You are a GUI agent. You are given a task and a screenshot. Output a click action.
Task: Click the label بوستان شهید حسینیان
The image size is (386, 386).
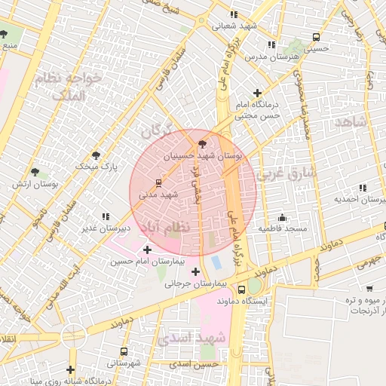[x=204, y=155]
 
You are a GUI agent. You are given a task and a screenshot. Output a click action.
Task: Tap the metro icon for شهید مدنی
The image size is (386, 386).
[x=158, y=182]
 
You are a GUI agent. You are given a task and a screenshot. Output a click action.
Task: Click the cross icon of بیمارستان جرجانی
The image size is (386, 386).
[x=196, y=271]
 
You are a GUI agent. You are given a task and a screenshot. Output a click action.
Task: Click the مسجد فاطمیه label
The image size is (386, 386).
[x=282, y=228]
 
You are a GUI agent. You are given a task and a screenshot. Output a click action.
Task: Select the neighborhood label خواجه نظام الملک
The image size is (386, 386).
[x=67, y=87]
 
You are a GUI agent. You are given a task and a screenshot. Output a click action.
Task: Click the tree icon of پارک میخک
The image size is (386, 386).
[x=96, y=155]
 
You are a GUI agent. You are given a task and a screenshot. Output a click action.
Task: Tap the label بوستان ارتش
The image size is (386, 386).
[x=36, y=184]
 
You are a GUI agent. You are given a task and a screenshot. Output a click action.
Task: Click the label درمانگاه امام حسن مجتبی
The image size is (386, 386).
[x=257, y=110]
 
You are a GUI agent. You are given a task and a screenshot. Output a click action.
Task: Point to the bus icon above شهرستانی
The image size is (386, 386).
[x=124, y=351]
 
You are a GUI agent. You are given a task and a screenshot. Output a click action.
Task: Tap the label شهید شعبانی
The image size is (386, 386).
[x=234, y=25]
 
